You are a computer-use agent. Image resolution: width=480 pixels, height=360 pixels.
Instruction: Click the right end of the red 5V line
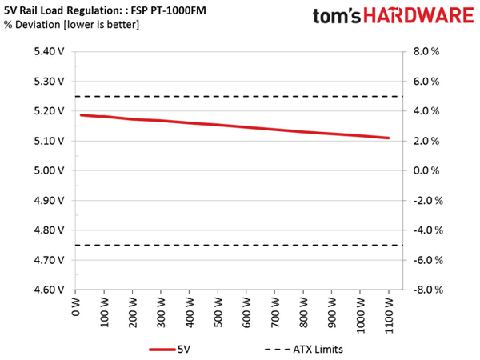pyautogui.click(x=389, y=138)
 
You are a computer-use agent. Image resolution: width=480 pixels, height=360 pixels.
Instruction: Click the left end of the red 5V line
pyautogui.click(x=81, y=115)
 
